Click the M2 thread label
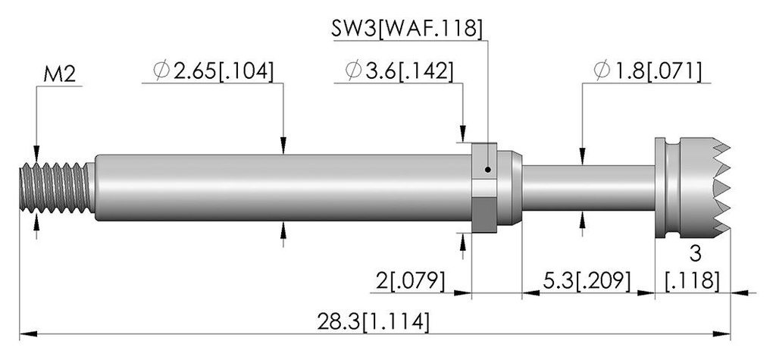[59, 75]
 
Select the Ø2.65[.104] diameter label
[213, 70]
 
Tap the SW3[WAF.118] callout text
[406, 30]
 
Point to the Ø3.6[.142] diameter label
[399, 70]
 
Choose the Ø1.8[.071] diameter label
[647, 70]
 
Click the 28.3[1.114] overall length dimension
[374, 322]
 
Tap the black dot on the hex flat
[488, 170]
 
